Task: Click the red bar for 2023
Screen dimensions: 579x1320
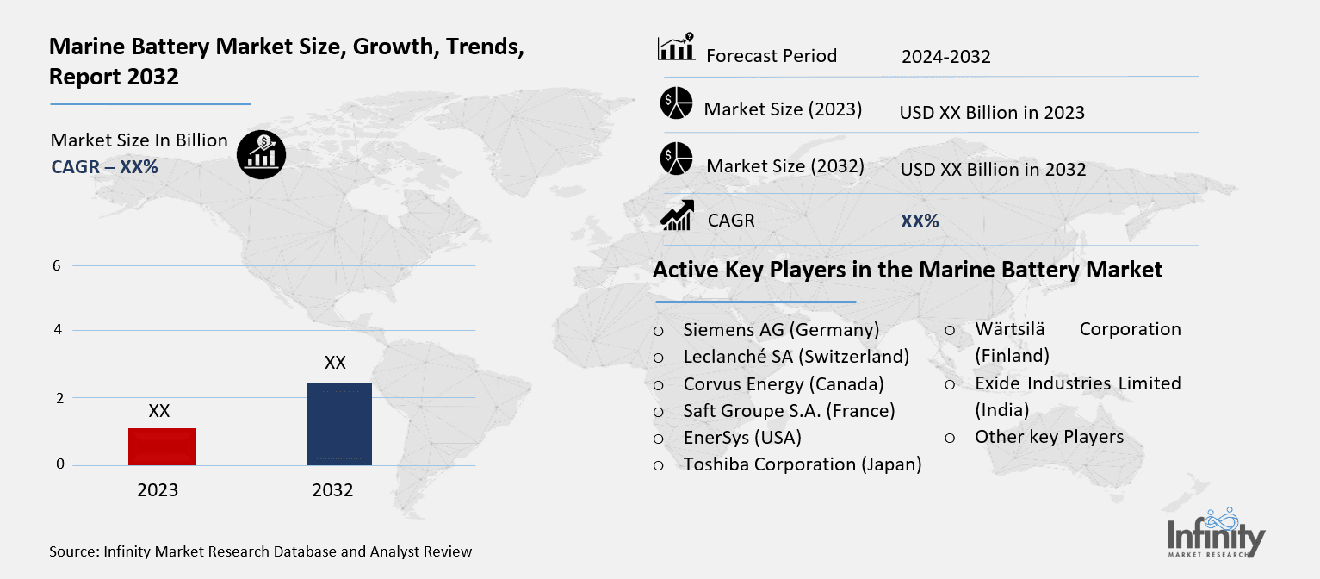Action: pyautogui.click(x=162, y=446)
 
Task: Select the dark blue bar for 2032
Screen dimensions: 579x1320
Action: pyautogui.click(x=338, y=424)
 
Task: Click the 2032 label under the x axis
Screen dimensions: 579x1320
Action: pyautogui.click(x=332, y=490)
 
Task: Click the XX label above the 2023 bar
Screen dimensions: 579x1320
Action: pyautogui.click(x=159, y=411)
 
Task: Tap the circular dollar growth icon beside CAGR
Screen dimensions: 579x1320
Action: pyautogui.click(x=261, y=155)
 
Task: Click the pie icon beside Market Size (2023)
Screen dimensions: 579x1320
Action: pyautogui.click(x=676, y=104)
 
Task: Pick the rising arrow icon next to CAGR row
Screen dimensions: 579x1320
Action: pyautogui.click(x=677, y=215)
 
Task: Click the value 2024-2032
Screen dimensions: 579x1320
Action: pyautogui.click(x=945, y=57)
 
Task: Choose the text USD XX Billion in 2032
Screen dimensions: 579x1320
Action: pyautogui.click(x=993, y=170)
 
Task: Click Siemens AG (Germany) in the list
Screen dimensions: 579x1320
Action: pyautogui.click(x=781, y=329)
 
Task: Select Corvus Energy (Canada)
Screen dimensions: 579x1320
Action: pyautogui.click(x=784, y=383)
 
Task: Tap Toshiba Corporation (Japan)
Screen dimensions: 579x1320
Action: pyautogui.click(x=803, y=464)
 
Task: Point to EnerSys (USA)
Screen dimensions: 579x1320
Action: pyautogui.click(x=742, y=437)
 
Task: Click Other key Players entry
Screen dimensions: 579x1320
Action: pyautogui.click(x=1049, y=437)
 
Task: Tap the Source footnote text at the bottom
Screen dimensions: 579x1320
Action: pyautogui.click(x=260, y=551)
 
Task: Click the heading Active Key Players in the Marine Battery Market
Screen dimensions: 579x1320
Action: pyautogui.click(x=908, y=270)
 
